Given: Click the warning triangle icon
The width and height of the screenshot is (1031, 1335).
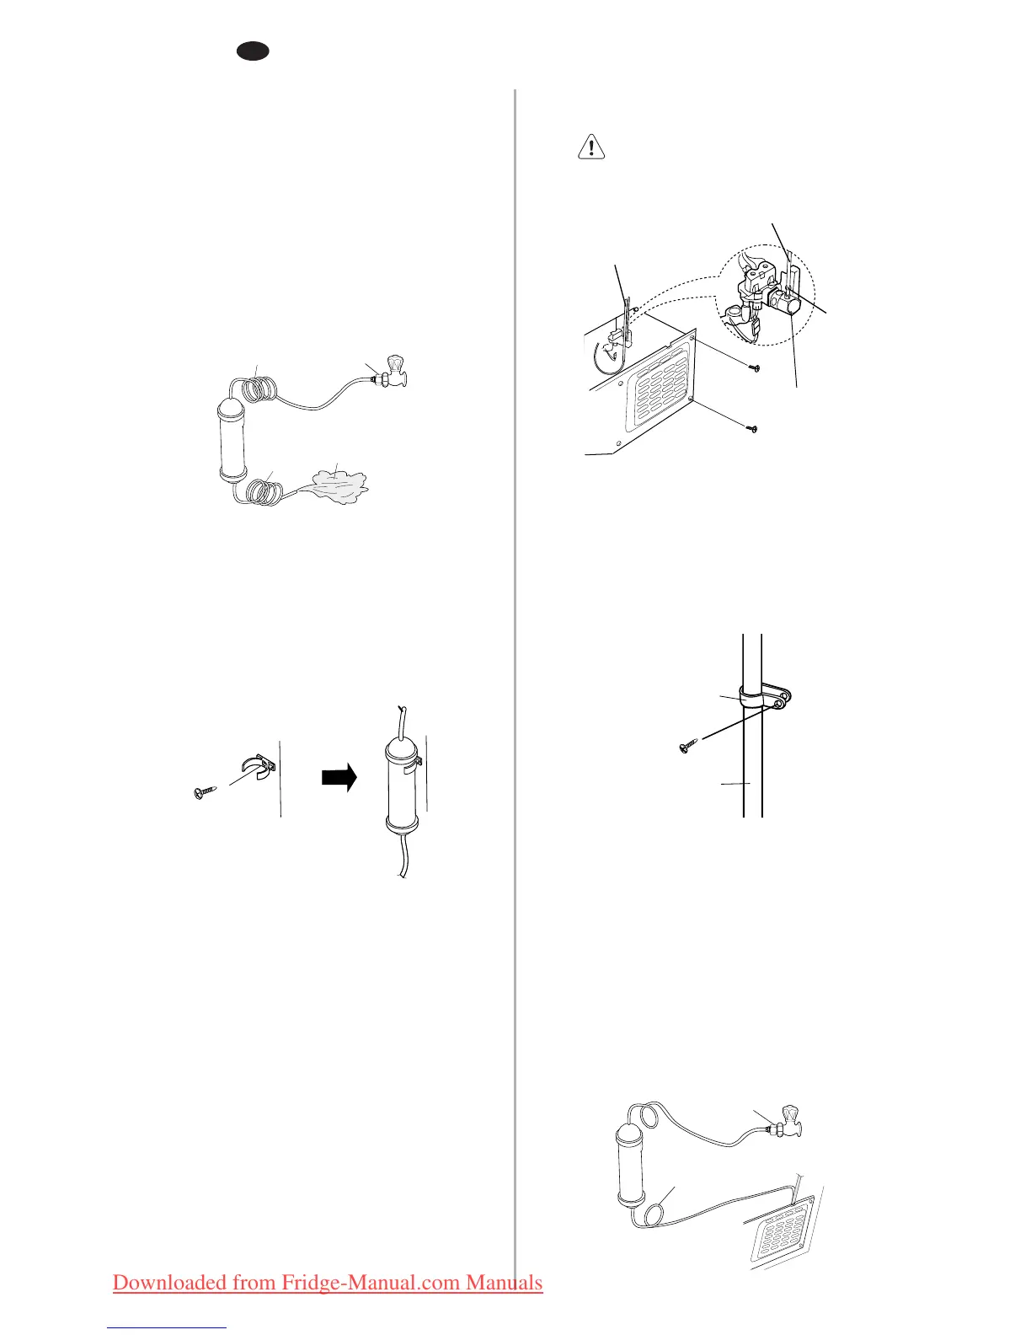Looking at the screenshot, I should (x=592, y=147).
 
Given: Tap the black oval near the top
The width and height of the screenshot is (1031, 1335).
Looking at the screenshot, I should (x=252, y=51).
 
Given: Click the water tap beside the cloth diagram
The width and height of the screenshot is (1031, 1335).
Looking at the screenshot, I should (x=393, y=373).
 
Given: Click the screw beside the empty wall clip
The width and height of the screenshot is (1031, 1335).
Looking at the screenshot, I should (x=204, y=792).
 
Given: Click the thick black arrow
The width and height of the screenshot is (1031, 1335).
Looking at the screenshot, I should (x=339, y=777).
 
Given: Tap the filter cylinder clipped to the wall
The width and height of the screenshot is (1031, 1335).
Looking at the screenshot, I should (x=401, y=782).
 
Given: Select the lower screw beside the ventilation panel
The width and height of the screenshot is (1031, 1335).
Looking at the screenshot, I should (x=753, y=429).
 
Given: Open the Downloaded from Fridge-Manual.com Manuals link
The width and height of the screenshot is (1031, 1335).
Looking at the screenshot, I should (x=328, y=1282).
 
